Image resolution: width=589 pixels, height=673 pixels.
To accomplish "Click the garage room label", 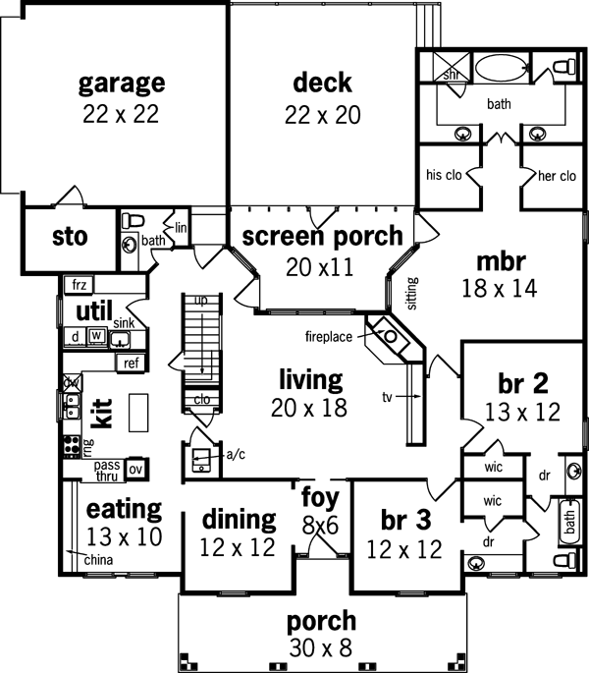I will point(122,82).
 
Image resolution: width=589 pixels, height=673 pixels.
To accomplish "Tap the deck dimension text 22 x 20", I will point(321,114).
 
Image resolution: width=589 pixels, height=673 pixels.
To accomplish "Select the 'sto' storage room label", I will point(70,237).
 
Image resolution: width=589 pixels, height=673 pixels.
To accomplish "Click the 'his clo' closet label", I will point(445,176).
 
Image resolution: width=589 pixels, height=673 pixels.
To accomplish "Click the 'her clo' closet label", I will point(555,176).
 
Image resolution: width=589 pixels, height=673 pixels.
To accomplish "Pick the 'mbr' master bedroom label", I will point(502,262).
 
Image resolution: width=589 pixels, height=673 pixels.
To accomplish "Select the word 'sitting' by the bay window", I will point(412,292).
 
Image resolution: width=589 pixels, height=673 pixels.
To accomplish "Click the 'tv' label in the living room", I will point(388,397).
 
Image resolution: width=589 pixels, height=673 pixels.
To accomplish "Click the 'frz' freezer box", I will point(80,285).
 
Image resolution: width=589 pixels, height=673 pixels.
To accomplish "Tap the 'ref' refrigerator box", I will point(131,364).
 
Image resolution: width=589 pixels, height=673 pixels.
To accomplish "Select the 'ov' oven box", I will point(136,469).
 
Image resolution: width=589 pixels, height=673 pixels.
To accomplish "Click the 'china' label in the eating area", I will point(98,560).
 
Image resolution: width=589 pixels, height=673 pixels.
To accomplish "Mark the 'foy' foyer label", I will point(319,497).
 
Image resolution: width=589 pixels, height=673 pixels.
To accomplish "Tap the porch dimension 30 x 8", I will point(321,646).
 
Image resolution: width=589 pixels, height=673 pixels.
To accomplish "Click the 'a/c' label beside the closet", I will point(236,455).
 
